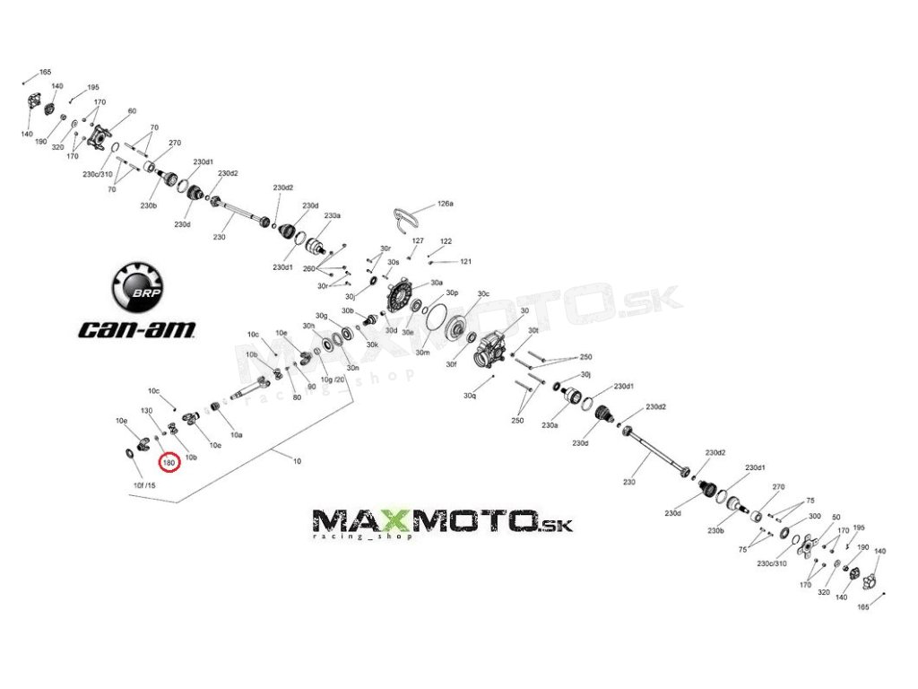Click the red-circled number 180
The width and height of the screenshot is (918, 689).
click(169, 462)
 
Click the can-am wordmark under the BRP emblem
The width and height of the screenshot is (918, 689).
click(137, 328)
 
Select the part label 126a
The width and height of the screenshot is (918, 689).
click(446, 204)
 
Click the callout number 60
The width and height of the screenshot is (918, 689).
click(132, 111)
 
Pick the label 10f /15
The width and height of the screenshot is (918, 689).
click(144, 485)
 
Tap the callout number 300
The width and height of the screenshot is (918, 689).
click(814, 517)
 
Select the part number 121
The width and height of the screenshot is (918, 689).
click(465, 261)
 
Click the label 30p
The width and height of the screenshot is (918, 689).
click(452, 293)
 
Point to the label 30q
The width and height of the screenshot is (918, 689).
click(469, 395)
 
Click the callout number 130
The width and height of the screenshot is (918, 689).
click(147, 411)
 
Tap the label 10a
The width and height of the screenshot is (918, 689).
click(236, 434)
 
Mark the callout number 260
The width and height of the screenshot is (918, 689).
click(308, 269)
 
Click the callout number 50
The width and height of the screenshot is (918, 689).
click(836, 518)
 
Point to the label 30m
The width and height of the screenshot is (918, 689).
click(422, 353)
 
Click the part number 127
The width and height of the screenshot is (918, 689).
click(418, 241)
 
